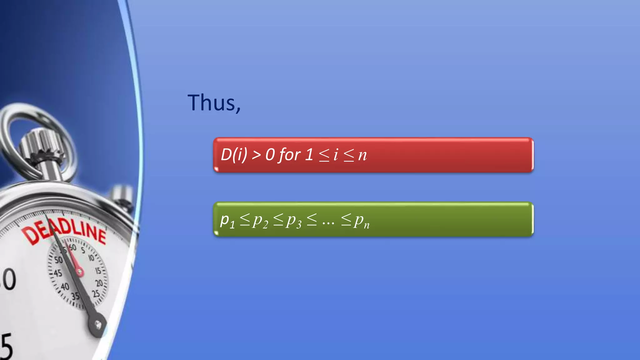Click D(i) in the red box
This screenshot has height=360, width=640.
(234, 154)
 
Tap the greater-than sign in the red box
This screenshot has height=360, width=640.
(257, 155)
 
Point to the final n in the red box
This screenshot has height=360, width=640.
(362, 155)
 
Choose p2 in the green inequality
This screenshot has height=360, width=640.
(260, 221)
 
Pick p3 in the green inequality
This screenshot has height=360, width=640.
(294, 221)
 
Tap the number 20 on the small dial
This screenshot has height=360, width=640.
(99, 283)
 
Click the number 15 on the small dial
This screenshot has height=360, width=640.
(98, 270)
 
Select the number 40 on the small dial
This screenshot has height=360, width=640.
(65, 286)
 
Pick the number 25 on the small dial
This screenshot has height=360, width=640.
(96, 294)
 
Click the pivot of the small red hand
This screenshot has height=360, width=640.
(79, 272)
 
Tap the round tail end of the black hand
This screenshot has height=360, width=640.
(98, 325)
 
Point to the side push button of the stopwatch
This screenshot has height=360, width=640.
(122, 194)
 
